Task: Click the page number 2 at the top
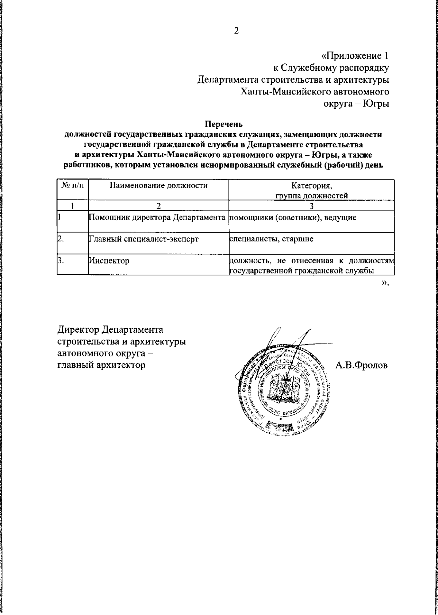pos(236,31)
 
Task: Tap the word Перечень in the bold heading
pos(223,125)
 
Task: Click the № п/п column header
pos(73,186)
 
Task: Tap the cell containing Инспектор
pos(109,261)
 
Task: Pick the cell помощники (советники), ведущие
pos(292,218)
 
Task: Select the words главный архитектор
pos(101,365)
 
